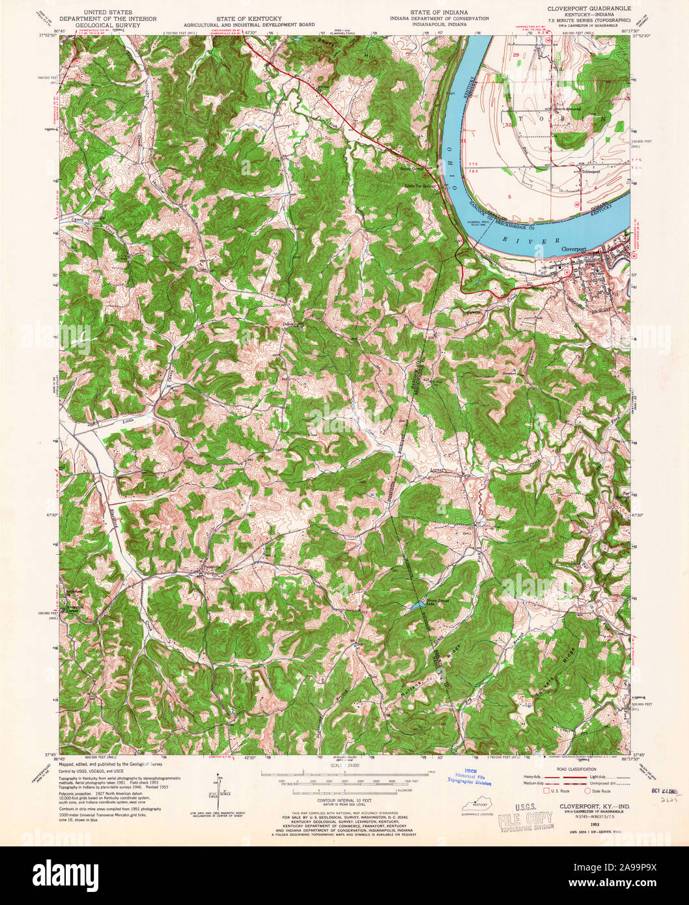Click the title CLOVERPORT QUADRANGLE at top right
click(584, 11)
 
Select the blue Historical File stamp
click(470, 777)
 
